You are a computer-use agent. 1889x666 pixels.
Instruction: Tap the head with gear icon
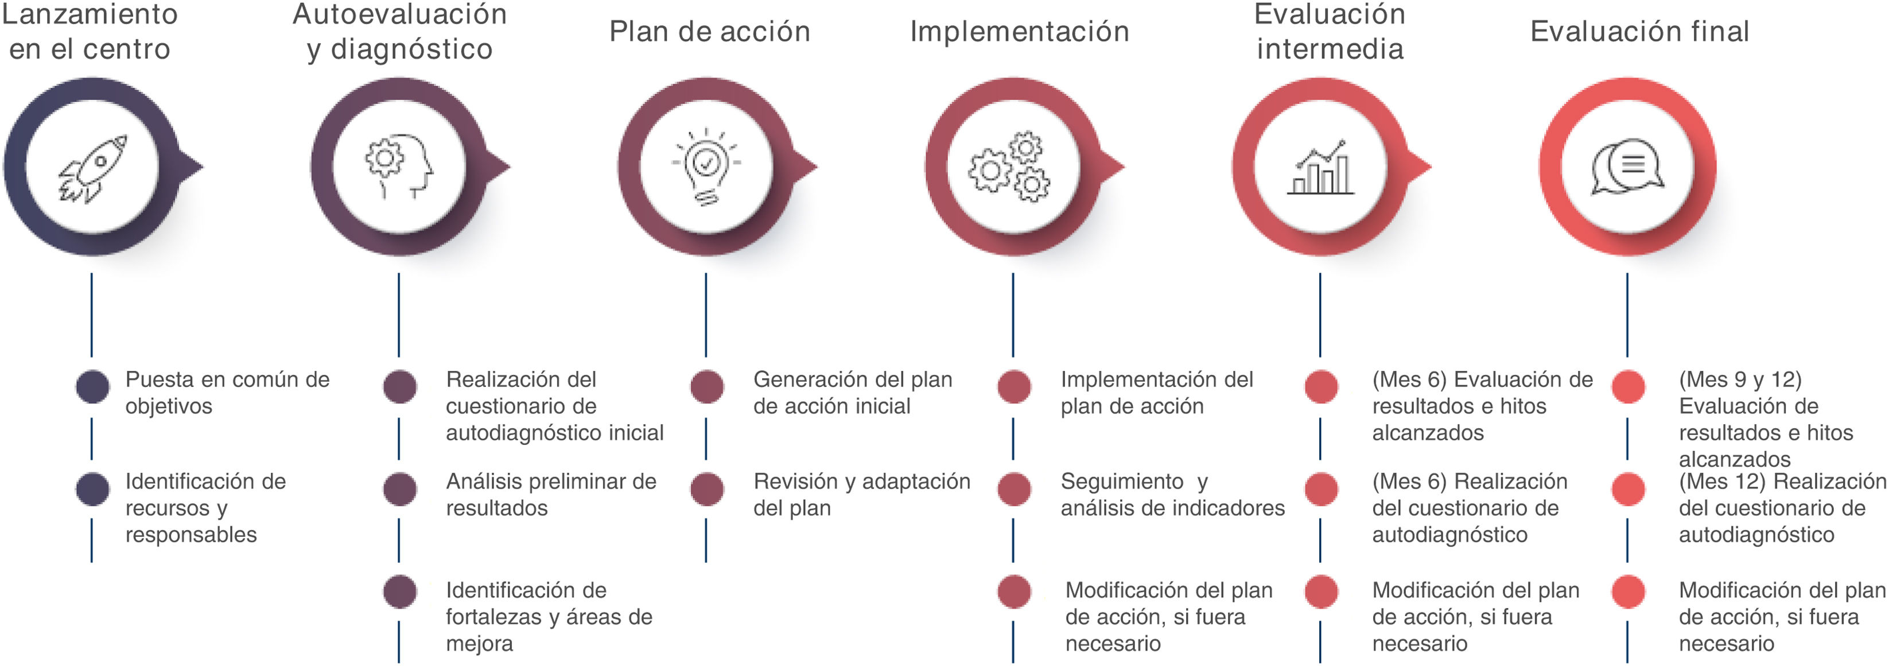399,166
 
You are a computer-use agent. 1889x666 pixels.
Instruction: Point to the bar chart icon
1320,168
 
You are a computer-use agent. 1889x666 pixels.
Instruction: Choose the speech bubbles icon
1626,167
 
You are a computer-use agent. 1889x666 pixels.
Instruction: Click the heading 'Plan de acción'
709,32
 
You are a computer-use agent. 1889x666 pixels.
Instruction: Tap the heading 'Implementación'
1019,32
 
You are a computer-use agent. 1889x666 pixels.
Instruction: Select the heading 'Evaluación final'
1639,32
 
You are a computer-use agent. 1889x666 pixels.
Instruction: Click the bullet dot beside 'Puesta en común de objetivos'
92,386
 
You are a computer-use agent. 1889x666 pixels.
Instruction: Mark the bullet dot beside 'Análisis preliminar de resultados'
399,489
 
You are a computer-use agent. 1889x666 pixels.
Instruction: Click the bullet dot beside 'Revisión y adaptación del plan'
707,489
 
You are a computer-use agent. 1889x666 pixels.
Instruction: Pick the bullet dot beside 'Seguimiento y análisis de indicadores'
1014,489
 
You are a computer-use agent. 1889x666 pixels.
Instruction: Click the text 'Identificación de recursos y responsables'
205,508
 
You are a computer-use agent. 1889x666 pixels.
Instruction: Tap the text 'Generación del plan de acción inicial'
852,392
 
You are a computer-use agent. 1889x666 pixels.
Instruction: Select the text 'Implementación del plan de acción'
1156,392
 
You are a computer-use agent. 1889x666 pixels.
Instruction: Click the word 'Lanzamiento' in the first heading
90,14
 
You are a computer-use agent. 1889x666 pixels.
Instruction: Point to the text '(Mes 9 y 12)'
1739,379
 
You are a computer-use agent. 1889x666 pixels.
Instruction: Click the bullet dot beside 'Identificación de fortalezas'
399,592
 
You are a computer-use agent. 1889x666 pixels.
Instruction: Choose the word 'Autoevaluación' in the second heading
399,14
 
